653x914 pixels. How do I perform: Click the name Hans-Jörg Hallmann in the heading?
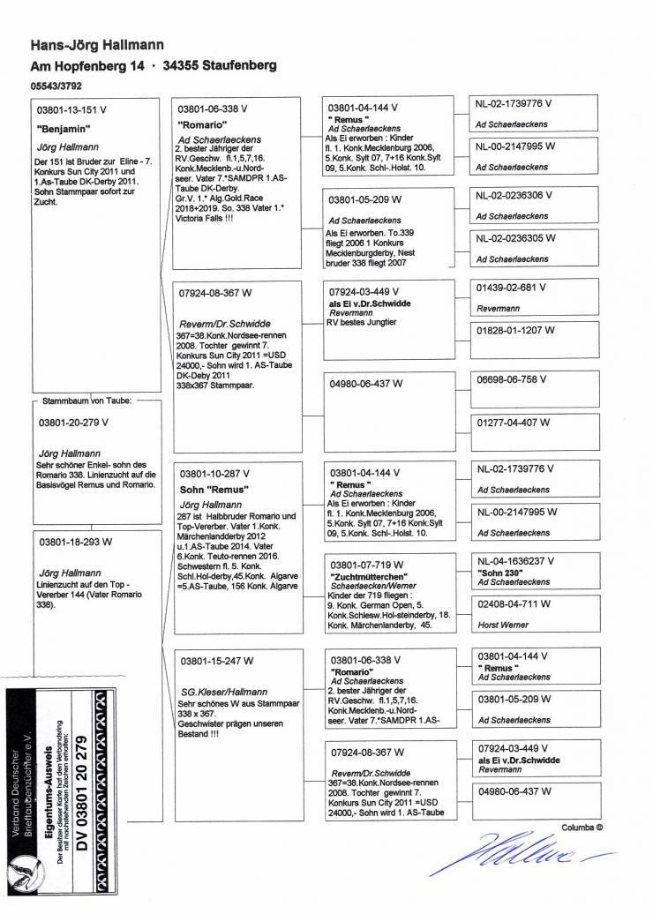coord(97,45)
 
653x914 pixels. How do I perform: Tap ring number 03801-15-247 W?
coord(216,660)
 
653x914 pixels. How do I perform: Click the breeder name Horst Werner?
coord(503,625)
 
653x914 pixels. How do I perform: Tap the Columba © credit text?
coord(582,828)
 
